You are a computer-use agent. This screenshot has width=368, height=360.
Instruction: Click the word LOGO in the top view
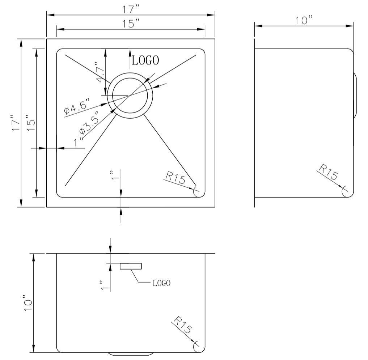(145, 60)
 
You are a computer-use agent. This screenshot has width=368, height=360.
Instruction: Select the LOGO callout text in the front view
(161, 283)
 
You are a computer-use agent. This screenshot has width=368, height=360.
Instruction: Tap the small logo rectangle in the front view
(131, 266)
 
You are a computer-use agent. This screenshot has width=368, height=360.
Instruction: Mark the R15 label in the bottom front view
(182, 325)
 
